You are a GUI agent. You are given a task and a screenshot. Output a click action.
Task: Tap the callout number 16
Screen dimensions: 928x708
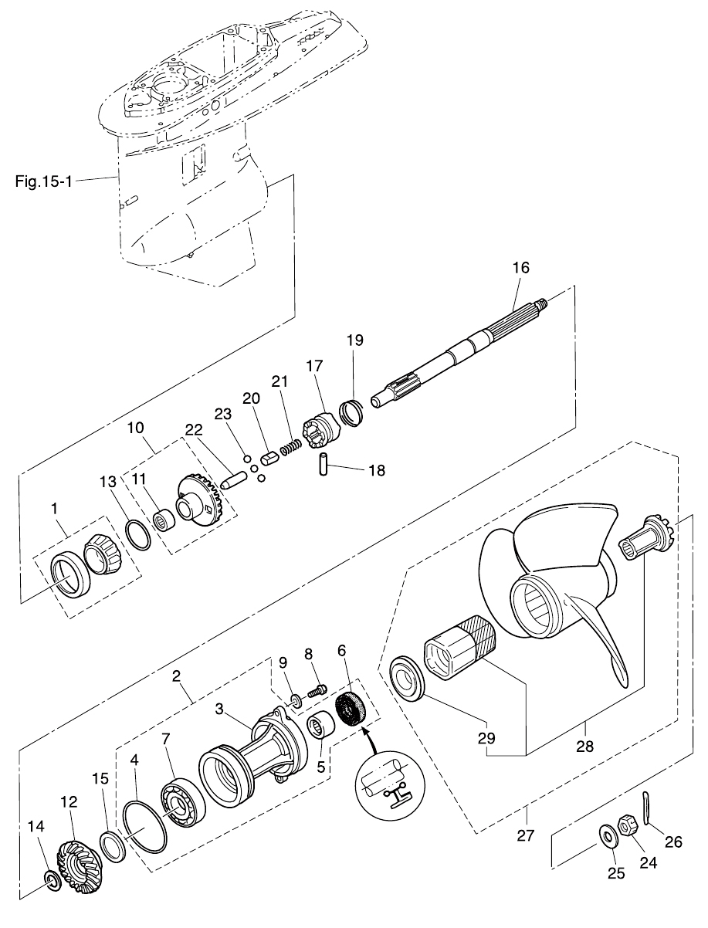coord(521,268)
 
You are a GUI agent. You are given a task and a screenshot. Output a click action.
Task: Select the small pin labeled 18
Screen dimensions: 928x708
coord(325,466)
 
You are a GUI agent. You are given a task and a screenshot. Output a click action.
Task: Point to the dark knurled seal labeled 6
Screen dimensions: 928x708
coord(353,709)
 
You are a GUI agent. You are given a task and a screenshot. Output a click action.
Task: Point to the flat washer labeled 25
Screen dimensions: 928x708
coord(607,835)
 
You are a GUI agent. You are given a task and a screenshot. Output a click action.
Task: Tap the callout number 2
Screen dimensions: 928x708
coord(177,676)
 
